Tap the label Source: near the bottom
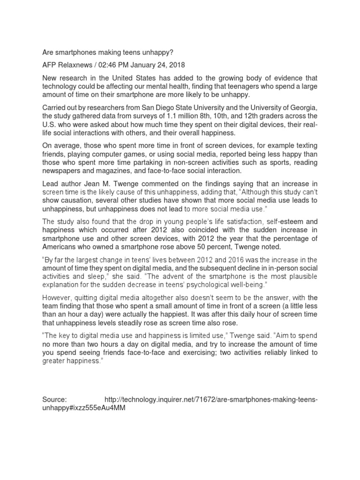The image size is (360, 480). [55, 399]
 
